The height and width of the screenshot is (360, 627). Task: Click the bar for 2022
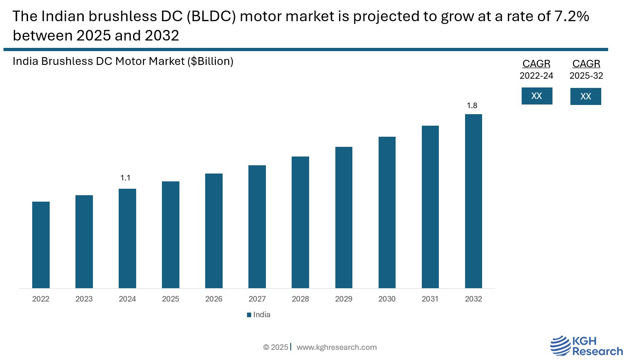41,245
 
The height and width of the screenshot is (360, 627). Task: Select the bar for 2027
257,226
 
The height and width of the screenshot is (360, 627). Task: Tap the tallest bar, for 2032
473,201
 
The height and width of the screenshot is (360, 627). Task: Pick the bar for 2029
344,217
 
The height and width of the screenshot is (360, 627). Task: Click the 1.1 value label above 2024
126,178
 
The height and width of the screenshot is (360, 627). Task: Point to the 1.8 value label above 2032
472,106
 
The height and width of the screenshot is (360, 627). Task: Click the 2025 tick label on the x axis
171,299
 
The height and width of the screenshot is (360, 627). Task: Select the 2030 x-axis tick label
387,299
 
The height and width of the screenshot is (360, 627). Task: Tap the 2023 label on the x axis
84,299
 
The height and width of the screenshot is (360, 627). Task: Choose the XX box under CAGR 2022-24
537,96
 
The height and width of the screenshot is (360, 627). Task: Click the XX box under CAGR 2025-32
586,97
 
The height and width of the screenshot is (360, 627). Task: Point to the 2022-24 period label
536,76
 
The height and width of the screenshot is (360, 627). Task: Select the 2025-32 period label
586,76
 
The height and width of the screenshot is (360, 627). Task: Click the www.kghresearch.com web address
336,347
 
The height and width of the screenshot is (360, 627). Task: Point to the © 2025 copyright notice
276,347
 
